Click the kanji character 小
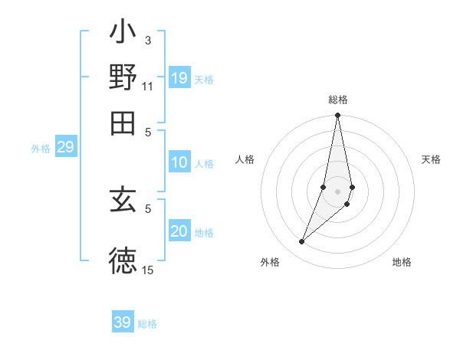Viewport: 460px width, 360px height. click(x=123, y=35)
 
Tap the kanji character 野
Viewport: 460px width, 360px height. click(x=123, y=77)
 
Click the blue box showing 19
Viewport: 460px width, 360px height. click(x=179, y=78)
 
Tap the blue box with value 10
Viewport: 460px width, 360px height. click(x=179, y=162)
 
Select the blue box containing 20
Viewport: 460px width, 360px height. click(x=179, y=232)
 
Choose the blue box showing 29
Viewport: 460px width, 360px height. click(x=65, y=148)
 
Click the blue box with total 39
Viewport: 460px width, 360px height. click(x=123, y=322)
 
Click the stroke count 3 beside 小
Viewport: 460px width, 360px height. click(x=147, y=41)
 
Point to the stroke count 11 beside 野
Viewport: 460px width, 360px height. click(x=147, y=86)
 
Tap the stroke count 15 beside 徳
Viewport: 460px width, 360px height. click(x=147, y=270)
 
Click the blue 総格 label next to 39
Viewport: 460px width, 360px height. click(x=147, y=324)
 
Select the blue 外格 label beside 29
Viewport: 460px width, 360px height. click(x=40, y=149)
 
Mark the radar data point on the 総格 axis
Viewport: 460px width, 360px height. click(x=337, y=116)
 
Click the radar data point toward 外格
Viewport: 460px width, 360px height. click(x=302, y=242)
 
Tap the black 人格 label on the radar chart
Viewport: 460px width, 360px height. click(x=245, y=159)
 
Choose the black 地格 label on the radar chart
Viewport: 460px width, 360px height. click(x=402, y=262)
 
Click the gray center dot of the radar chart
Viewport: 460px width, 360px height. click(x=337, y=191)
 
